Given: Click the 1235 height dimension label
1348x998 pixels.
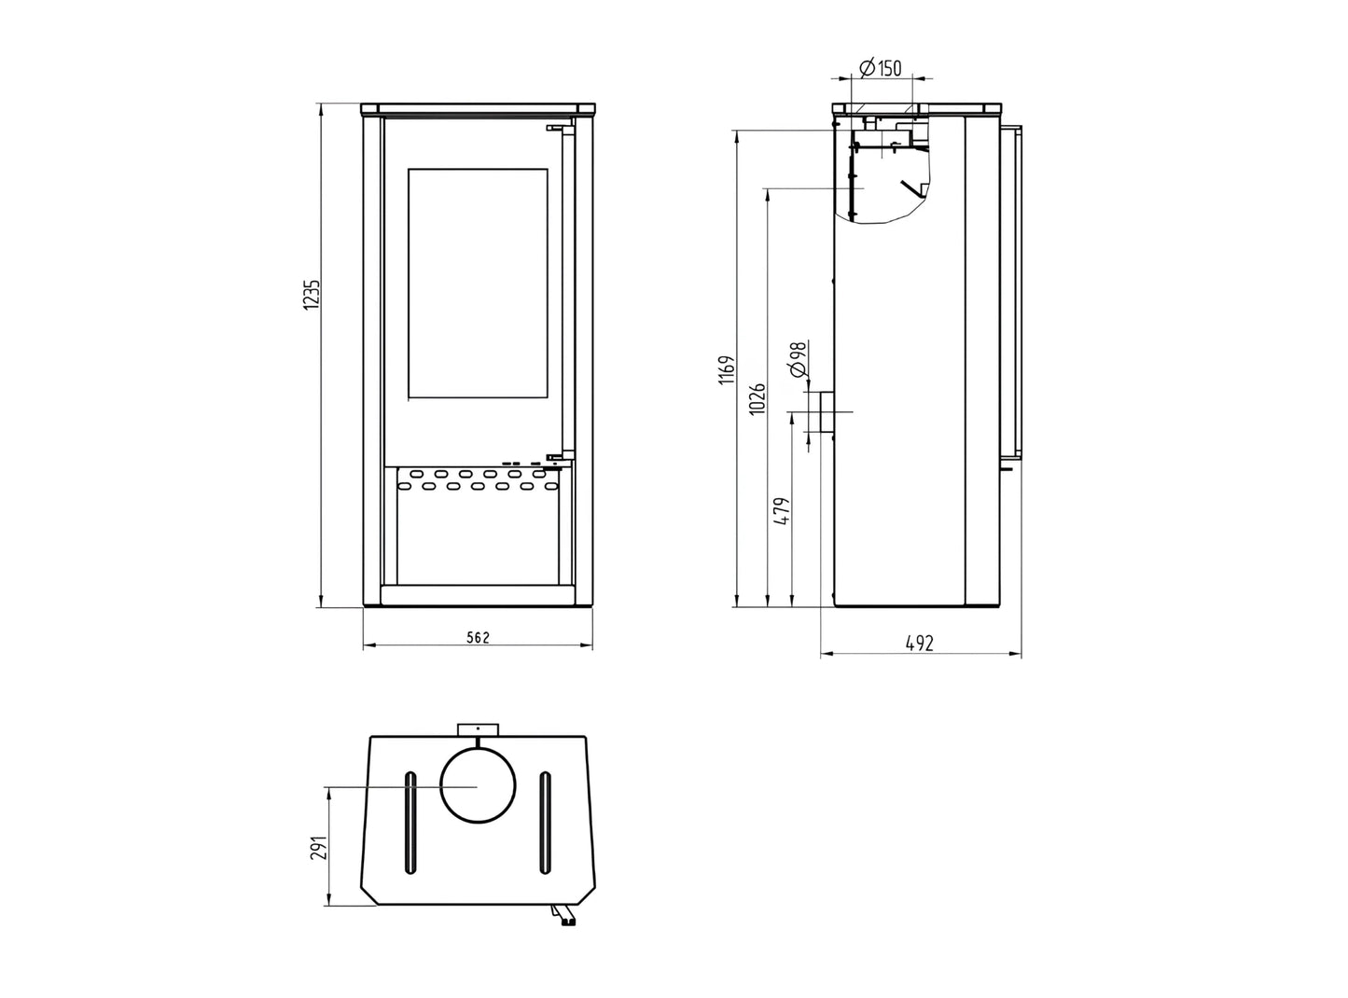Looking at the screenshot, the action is click(312, 295).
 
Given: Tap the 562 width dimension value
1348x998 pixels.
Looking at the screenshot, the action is click(478, 637).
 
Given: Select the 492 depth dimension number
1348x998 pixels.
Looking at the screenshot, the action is click(919, 643).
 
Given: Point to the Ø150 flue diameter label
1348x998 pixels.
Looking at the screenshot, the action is click(881, 68).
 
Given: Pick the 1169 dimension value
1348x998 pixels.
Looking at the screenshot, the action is click(727, 369).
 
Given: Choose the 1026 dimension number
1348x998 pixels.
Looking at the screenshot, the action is click(757, 398).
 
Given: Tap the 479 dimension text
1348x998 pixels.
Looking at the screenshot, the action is click(783, 511).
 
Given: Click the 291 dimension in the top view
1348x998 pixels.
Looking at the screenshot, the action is click(319, 848).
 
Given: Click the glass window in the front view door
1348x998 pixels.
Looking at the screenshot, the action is click(478, 284).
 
